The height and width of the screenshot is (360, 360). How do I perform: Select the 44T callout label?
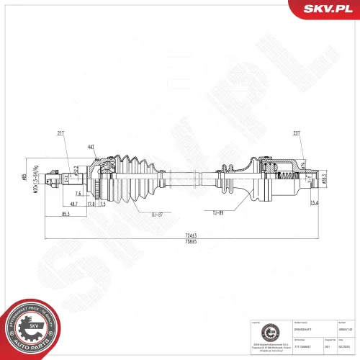tap(91, 147)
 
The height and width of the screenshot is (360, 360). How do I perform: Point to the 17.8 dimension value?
tap(91, 204)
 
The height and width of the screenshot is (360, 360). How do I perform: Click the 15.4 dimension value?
tap(315, 204)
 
